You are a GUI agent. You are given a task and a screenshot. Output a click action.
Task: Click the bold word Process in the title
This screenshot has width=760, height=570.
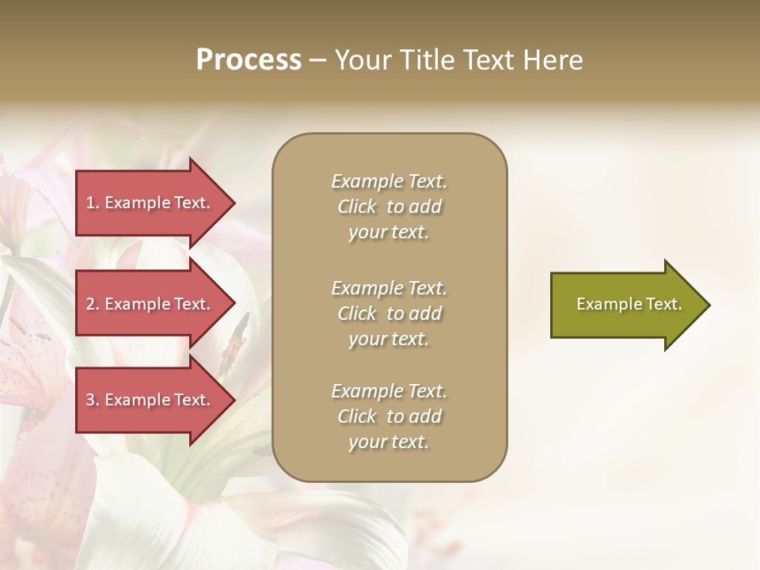[249, 60]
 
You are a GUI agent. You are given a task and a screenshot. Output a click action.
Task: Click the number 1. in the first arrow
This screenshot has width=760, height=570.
[93, 203]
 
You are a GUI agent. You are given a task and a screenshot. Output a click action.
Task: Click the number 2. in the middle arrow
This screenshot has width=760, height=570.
[93, 304]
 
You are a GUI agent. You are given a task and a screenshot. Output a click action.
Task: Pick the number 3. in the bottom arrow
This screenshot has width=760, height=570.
[93, 400]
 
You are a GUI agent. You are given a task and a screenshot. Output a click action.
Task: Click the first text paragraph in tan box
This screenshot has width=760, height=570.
[389, 207]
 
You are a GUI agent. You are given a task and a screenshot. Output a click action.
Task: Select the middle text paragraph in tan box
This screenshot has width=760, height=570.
[389, 313]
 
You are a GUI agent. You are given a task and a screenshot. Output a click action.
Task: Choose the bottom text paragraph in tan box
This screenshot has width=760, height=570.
[389, 416]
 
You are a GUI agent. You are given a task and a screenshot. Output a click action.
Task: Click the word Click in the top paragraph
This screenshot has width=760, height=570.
[357, 207]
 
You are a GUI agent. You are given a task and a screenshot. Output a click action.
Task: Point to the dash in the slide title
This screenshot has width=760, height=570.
[317, 61]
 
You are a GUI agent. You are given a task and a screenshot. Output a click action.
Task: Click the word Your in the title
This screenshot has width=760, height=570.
[360, 60]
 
